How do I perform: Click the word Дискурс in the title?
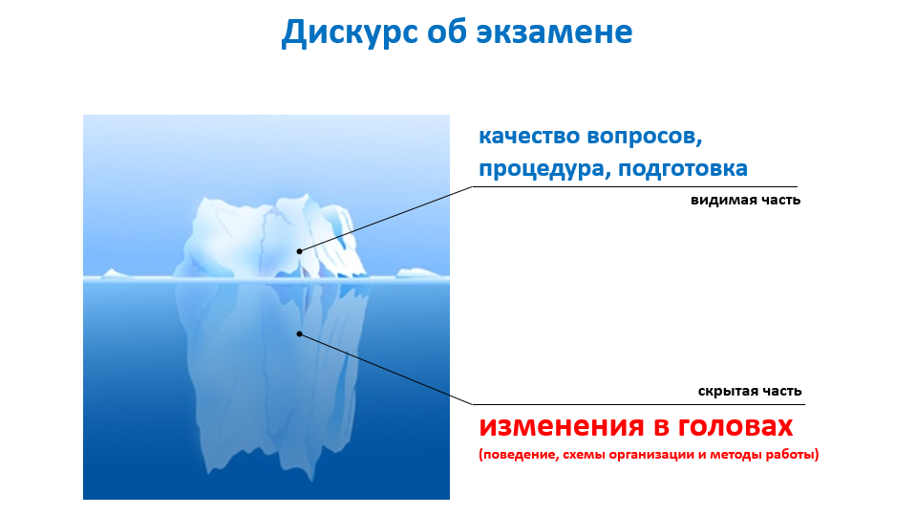(350, 32)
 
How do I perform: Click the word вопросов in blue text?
(645, 138)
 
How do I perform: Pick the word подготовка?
(683, 169)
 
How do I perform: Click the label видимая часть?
(745, 200)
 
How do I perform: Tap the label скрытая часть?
(750, 391)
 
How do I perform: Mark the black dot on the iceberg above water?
(299, 251)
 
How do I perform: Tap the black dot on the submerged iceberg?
(299, 333)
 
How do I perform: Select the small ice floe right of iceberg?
(418, 272)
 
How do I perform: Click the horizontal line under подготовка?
(634, 187)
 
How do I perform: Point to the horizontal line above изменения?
(638, 404)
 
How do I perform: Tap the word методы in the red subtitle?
(735, 455)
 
